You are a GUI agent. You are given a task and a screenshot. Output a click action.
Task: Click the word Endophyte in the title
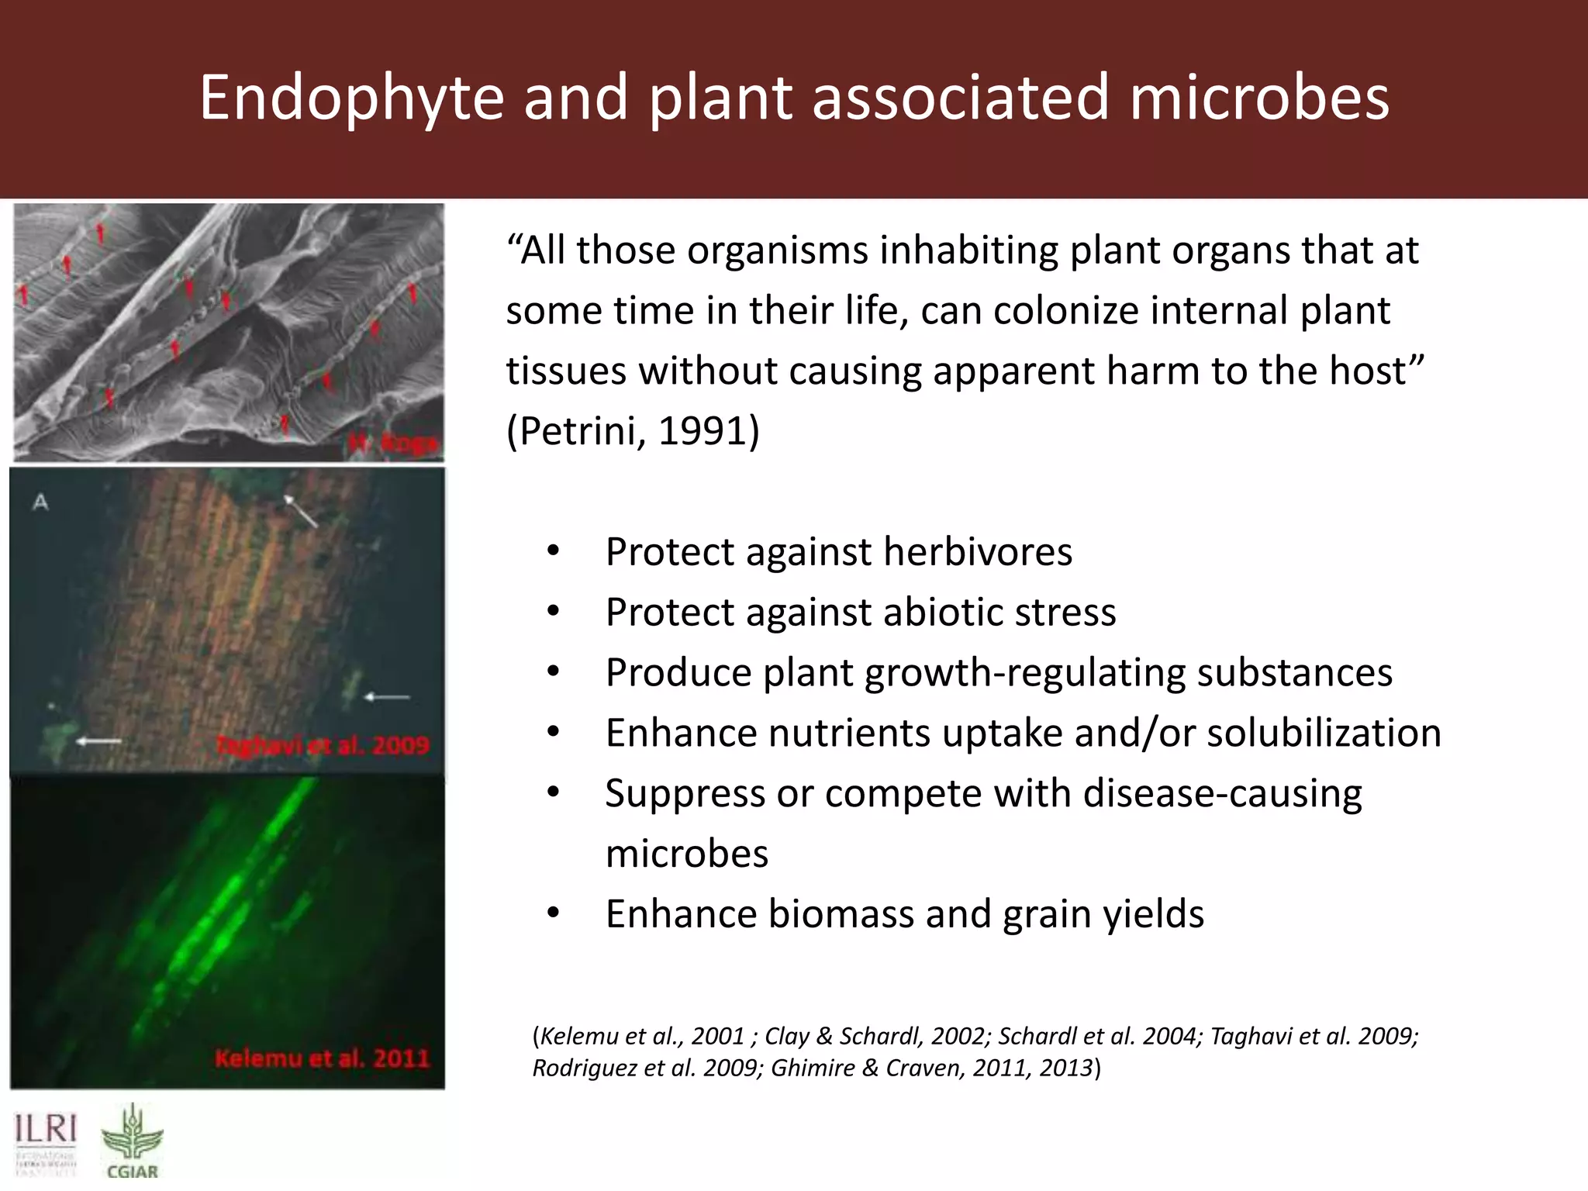pos(351,98)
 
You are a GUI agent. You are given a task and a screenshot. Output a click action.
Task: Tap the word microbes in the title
pos(1258,98)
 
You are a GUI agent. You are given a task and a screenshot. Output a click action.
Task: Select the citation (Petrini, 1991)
pos(633,431)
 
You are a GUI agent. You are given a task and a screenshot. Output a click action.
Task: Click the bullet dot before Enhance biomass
pos(553,913)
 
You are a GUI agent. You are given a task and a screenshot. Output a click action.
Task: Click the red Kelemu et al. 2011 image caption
pos(322,1058)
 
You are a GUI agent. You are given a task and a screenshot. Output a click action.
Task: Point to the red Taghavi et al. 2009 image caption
pos(322,746)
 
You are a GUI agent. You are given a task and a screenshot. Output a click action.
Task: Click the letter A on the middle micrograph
pos(40,502)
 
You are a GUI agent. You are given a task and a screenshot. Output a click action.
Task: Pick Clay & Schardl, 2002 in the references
pos(875,1037)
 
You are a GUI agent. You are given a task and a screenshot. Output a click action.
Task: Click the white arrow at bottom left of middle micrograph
pos(98,741)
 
